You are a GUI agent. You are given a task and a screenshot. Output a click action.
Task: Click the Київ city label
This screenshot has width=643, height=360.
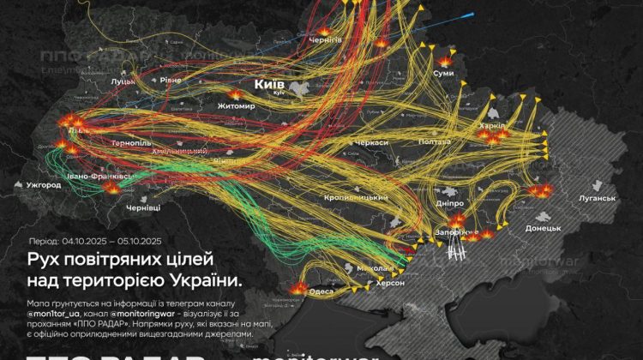coord(268,85)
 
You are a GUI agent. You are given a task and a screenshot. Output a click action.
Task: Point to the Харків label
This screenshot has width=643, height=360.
coord(495,126)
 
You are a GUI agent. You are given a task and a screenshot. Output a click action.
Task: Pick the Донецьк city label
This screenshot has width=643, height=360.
coord(543,228)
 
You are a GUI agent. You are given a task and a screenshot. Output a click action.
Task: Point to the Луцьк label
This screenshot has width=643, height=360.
coord(123,82)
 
